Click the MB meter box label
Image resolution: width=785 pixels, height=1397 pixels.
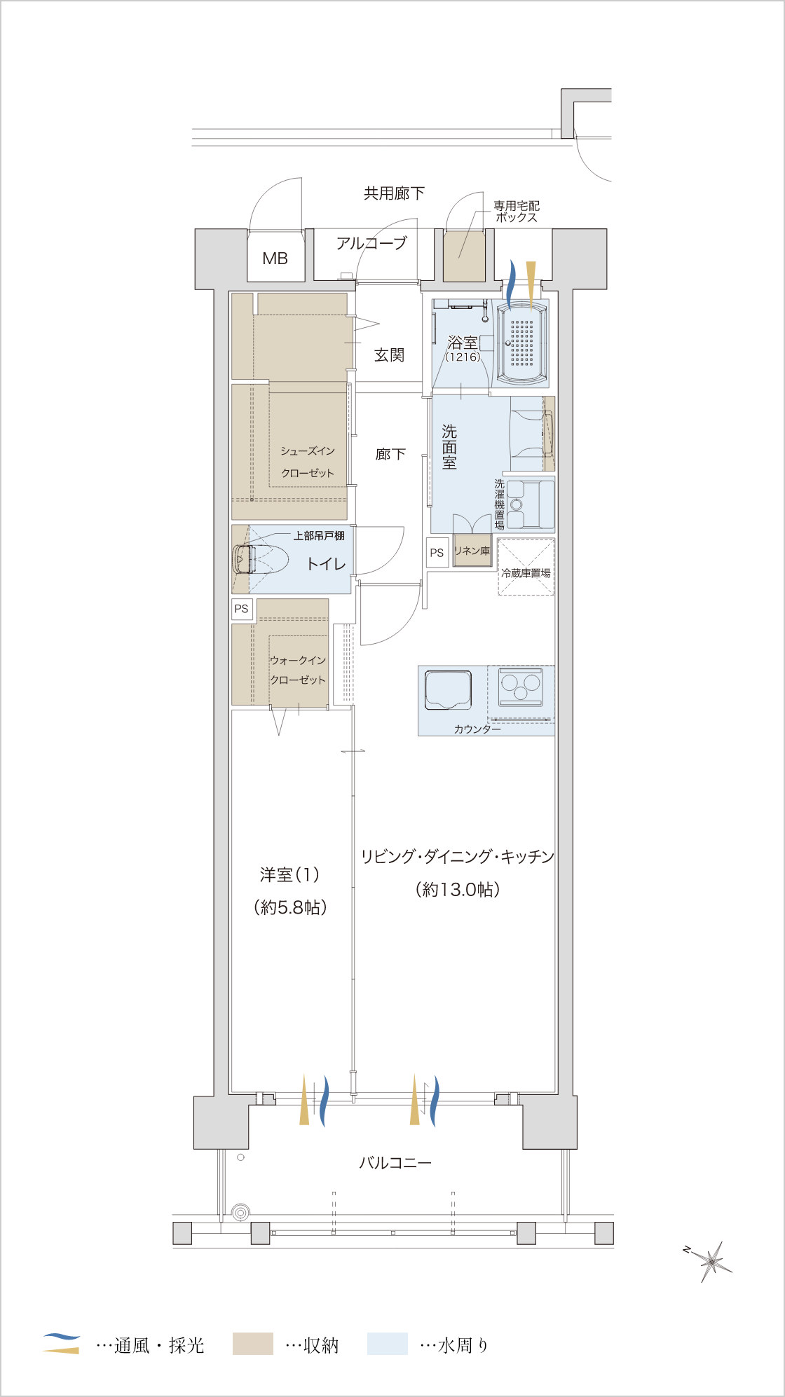[275, 259]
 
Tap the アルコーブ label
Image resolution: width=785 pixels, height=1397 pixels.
[371, 243]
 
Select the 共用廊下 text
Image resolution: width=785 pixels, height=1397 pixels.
[394, 193]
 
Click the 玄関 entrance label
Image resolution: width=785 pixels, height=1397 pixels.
[389, 355]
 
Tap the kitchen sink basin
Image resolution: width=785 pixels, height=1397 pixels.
[448, 690]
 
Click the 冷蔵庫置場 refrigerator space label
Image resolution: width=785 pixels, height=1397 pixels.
[526, 573]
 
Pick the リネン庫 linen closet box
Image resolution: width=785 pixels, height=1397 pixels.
[472, 551]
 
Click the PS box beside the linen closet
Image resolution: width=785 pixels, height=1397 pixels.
[437, 553]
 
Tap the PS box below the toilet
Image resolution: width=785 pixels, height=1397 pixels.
[242, 609]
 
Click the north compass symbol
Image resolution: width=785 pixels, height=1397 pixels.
[709, 1260]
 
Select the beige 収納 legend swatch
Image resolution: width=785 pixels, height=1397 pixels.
[252, 1343]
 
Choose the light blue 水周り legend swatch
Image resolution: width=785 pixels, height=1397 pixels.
[387, 1343]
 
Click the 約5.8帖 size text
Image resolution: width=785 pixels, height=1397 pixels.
[290, 907]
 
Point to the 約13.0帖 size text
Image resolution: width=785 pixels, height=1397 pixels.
[458, 889]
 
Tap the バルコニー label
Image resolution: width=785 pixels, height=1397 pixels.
[395, 1162]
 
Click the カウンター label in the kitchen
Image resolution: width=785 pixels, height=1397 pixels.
[477, 729]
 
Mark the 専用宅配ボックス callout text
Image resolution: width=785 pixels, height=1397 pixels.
[517, 212]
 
